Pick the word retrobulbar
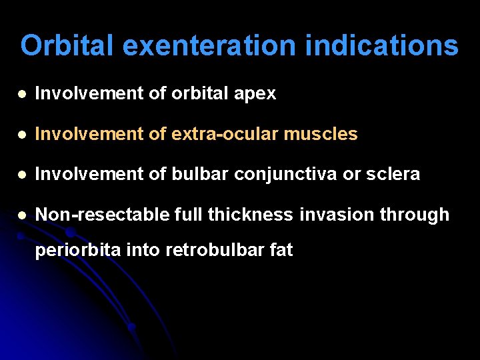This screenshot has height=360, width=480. tap(214, 251)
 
